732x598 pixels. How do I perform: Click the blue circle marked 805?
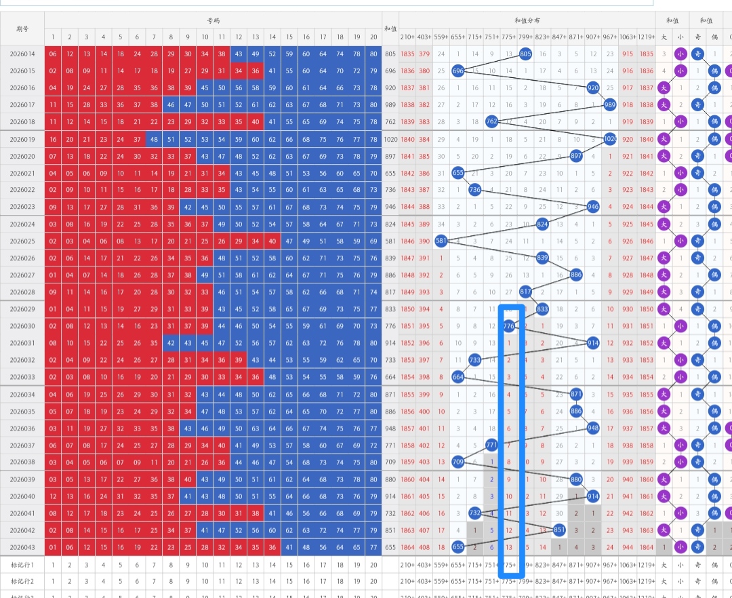click(x=525, y=54)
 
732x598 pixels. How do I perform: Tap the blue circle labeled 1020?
click(x=610, y=139)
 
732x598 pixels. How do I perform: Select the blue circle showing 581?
click(x=441, y=241)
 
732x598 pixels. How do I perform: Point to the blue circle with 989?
click(x=610, y=104)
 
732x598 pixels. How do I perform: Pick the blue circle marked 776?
click(x=510, y=326)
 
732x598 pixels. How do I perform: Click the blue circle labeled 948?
click(x=593, y=428)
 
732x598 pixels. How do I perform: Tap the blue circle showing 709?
click(x=458, y=462)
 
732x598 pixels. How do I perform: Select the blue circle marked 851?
click(x=559, y=530)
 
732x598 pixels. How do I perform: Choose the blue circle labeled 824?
click(x=542, y=224)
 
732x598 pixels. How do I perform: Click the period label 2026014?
click(x=22, y=54)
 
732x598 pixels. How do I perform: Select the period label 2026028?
click(x=22, y=292)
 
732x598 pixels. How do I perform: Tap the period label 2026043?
click(x=22, y=546)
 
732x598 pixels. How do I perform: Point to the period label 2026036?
click(x=22, y=428)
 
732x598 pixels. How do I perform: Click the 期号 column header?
click(x=22, y=28)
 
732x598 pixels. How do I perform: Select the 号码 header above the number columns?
click(x=213, y=20)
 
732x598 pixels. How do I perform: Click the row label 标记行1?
click(x=22, y=564)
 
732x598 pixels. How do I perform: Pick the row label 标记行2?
click(x=22, y=581)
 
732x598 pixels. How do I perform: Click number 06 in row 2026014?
click(x=53, y=54)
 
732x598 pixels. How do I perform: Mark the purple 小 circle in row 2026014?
click(x=680, y=54)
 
